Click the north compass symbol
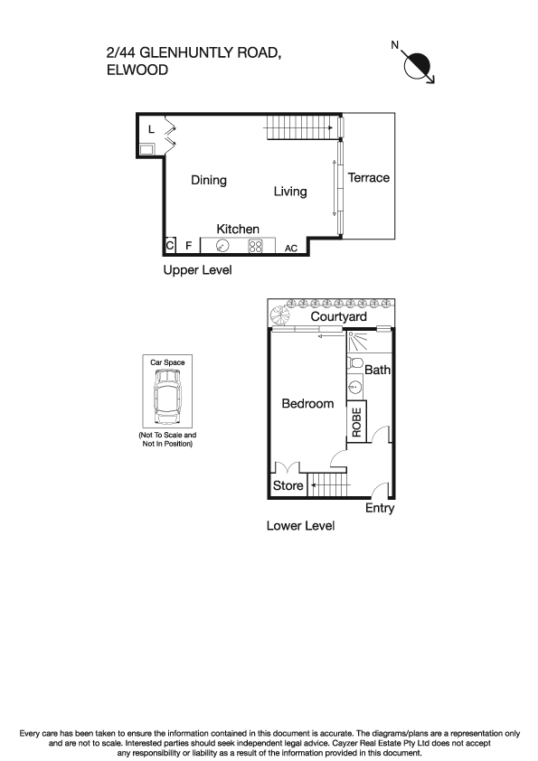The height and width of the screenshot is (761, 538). click(x=420, y=66)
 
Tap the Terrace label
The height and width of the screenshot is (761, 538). click(x=369, y=178)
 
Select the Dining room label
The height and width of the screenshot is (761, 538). click(x=209, y=180)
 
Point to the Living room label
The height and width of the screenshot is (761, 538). click(x=290, y=192)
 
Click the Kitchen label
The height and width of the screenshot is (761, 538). click(x=238, y=230)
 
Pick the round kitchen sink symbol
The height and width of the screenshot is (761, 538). click(x=222, y=245)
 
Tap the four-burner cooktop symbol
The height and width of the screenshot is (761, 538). click(x=255, y=245)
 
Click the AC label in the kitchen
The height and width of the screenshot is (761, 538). click(x=291, y=248)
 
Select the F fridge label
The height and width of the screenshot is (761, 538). click(x=188, y=245)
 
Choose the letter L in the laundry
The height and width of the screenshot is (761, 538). click(x=151, y=129)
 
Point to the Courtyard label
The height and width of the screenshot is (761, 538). click(x=338, y=317)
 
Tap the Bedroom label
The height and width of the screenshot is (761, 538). click(x=307, y=404)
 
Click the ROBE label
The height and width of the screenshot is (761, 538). click(x=356, y=423)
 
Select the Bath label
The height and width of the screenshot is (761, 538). click(x=377, y=370)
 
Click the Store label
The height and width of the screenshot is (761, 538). click(x=288, y=486)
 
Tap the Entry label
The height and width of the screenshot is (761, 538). click(x=380, y=509)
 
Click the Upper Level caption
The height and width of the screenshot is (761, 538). click(x=197, y=270)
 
